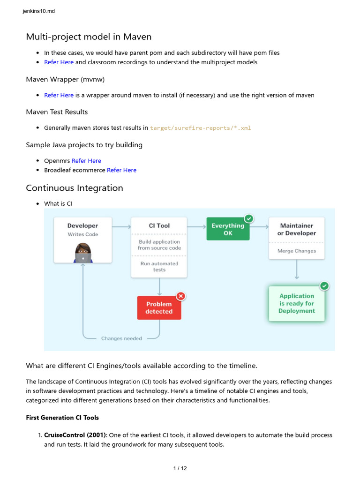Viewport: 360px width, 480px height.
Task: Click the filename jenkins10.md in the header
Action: pos(38,11)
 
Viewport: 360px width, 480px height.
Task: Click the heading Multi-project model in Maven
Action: pos(89,37)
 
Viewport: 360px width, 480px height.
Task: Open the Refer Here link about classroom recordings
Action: pos(59,62)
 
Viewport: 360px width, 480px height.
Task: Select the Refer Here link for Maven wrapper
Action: pos(59,95)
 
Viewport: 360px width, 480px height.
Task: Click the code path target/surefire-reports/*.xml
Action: pos(201,128)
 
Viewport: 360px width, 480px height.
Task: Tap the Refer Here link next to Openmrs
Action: pos(86,161)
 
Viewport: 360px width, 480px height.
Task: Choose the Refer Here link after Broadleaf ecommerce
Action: pos(121,170)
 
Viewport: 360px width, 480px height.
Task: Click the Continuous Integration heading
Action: pos(75,188)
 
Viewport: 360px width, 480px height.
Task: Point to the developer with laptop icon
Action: pos(83,253)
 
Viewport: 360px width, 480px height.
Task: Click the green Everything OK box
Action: pos(228,229)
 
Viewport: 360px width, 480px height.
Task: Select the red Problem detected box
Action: pos(159,308)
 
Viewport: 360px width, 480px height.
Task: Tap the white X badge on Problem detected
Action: pos(181,296)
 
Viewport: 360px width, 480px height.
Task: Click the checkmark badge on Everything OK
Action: pos(249,218)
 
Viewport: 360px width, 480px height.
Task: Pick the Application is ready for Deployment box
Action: pos(297,304)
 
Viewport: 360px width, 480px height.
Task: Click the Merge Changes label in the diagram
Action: pos(297,251)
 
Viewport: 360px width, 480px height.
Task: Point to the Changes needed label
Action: pos(121,338)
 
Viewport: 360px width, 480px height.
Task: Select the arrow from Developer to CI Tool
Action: pos(121,227)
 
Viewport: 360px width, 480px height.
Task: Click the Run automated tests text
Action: pos(159,267)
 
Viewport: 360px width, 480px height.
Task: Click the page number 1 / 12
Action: pos(180,468)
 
